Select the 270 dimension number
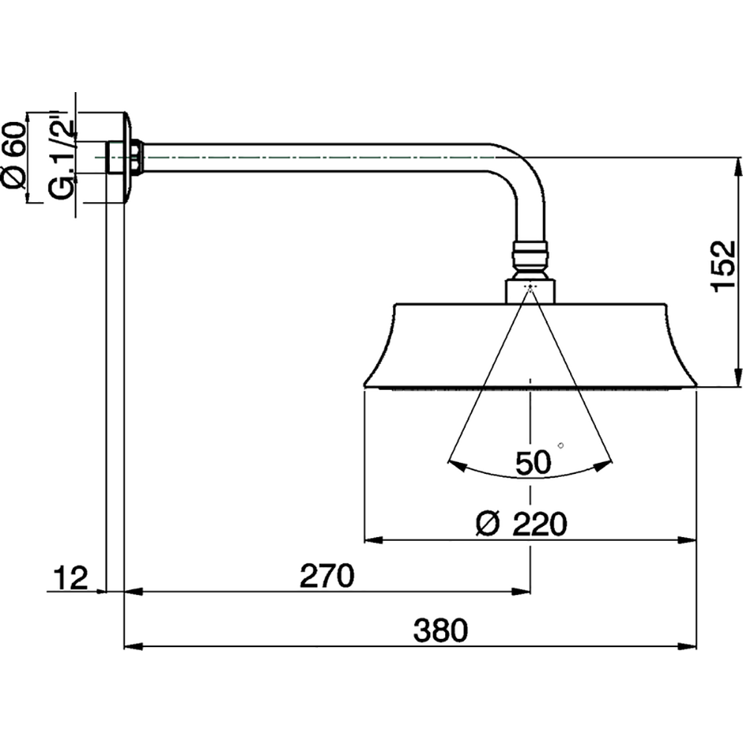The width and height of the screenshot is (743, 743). point(324,577)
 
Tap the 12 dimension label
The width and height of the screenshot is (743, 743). point(71,577)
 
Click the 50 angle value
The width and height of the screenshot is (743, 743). point(533,464)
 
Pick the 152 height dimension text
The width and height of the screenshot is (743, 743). point(723,266)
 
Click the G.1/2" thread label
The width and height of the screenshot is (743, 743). point(63,156)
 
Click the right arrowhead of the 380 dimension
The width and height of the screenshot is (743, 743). point(689,646)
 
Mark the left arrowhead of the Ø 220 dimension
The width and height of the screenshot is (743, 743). point(371,540)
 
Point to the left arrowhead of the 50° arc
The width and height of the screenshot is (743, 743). point(455,465)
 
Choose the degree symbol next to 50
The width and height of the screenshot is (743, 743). point(560,445)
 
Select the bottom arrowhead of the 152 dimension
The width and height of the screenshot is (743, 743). point(738,377)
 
